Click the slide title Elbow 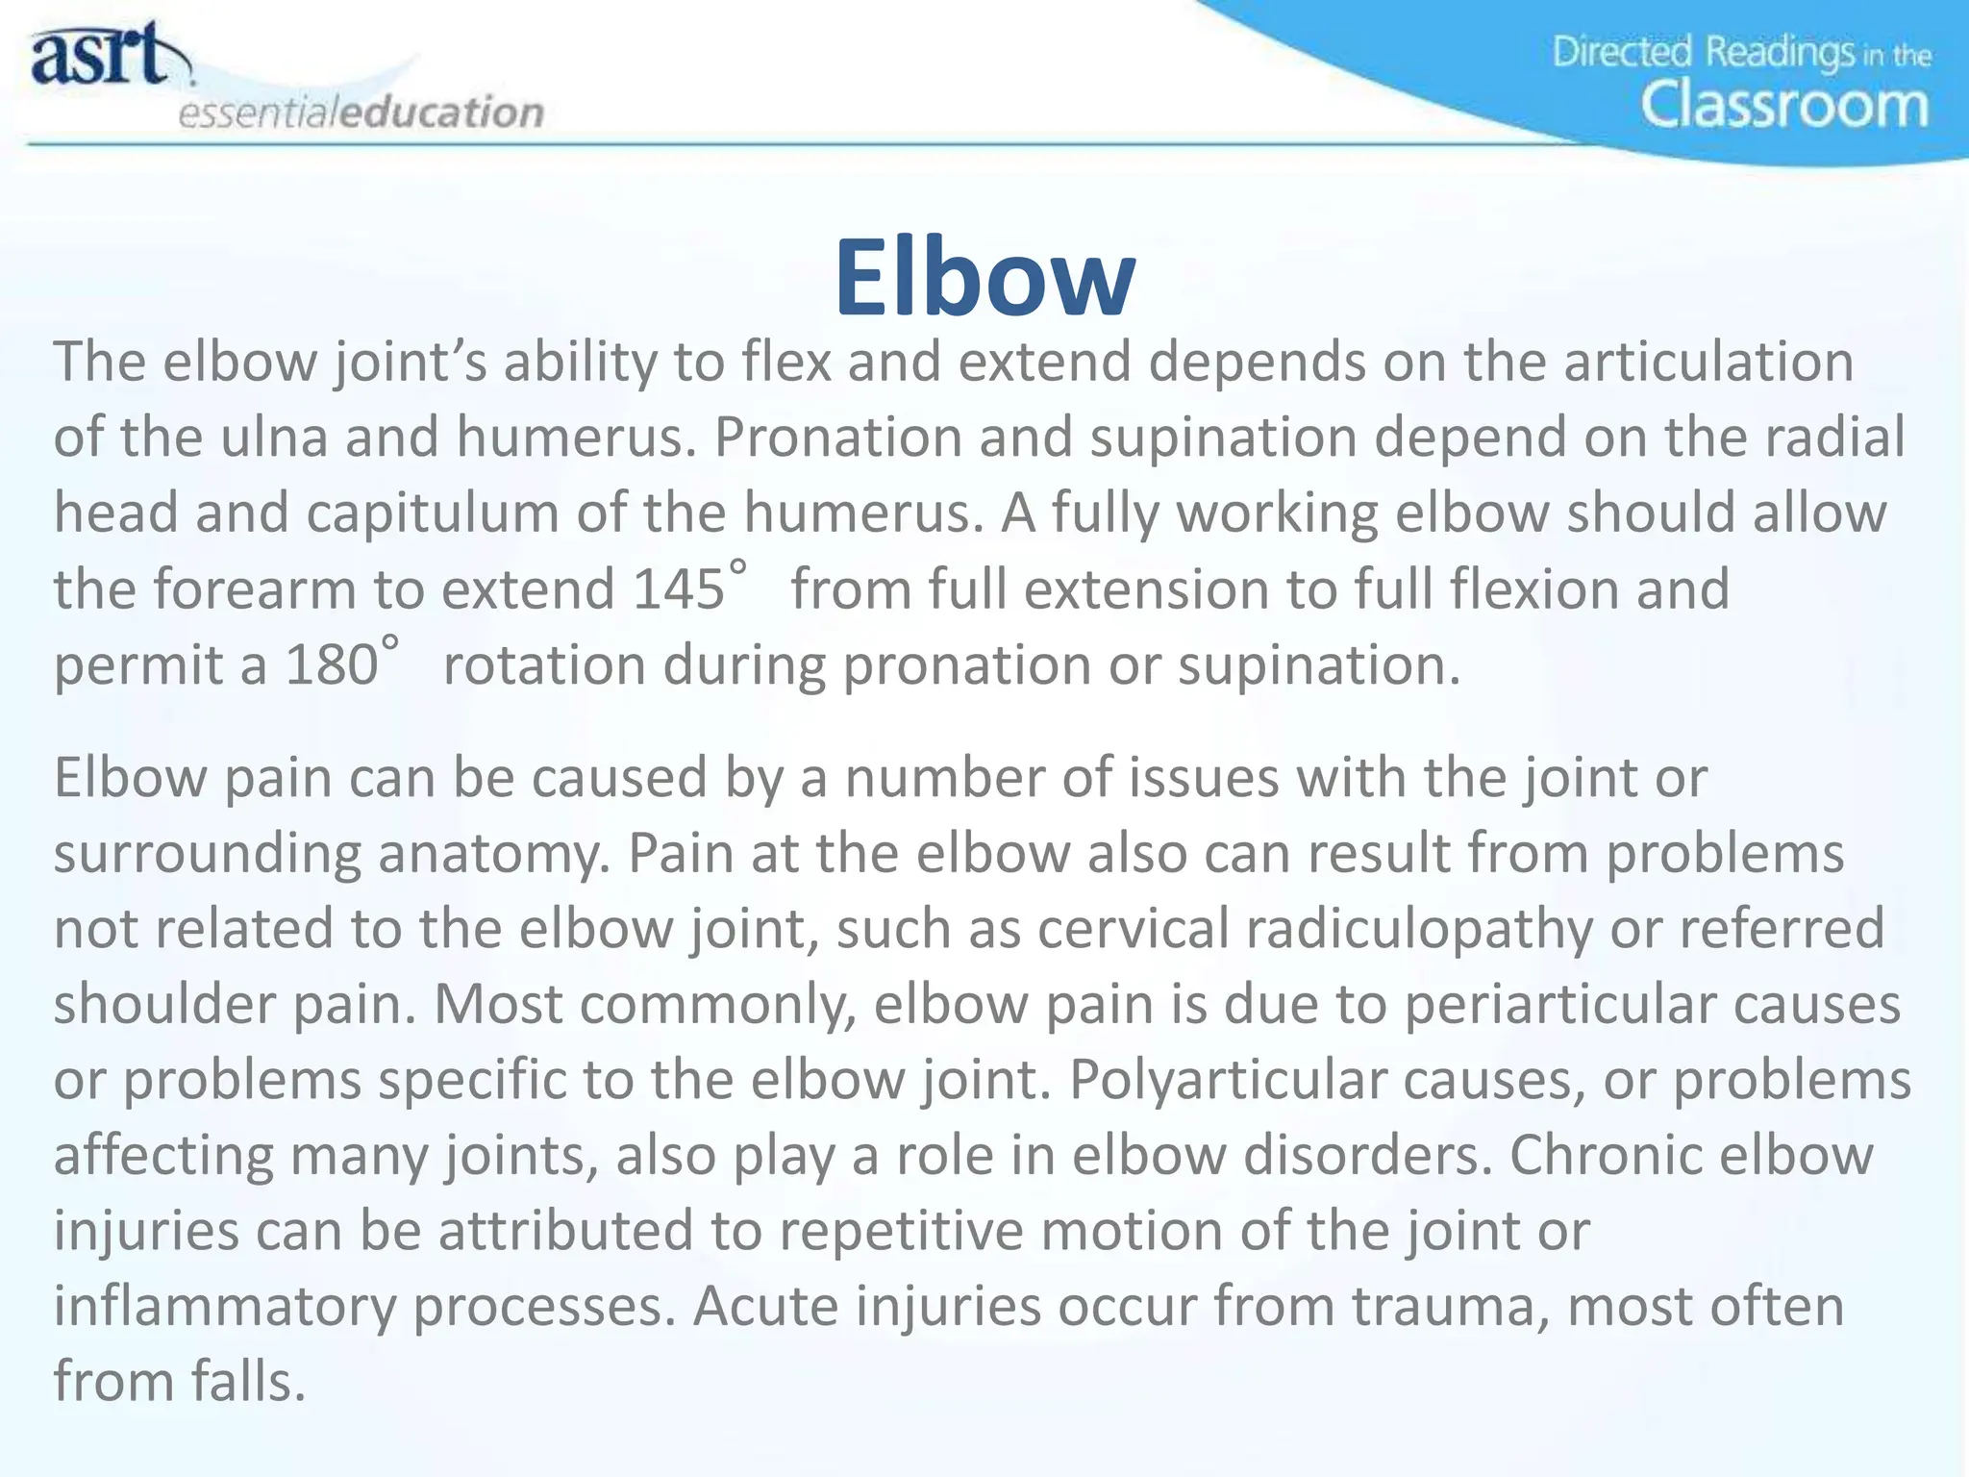(x=984, y=278)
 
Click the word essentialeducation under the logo (x=361, y=113)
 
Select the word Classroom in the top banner (x=1784, y=106)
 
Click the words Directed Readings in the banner (x=1703, y=52)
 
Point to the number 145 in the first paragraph (x=678, y=588)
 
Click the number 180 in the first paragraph (x=331, y=664)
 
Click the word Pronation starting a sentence (x=837, y=437)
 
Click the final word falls (x=247, y=1381)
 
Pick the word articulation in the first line (x=1707, y=362)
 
